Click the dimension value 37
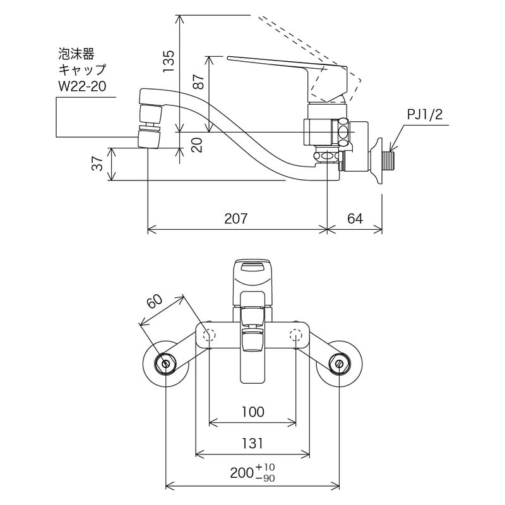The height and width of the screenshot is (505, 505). click(97, 164)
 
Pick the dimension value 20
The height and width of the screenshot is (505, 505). click(198, 145)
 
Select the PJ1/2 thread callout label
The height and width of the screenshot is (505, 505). click(425, 115)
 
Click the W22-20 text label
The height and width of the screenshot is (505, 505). click(81, 86)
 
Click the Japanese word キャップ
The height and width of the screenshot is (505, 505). click(82, 69)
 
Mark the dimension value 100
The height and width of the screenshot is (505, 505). click(252, 412)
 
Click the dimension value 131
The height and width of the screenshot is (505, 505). click(252, 444)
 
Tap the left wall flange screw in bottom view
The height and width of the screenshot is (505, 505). click(166, 364)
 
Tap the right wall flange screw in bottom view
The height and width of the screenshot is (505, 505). click(339, 364)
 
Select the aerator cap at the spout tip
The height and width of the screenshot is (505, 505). click(149, 138)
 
